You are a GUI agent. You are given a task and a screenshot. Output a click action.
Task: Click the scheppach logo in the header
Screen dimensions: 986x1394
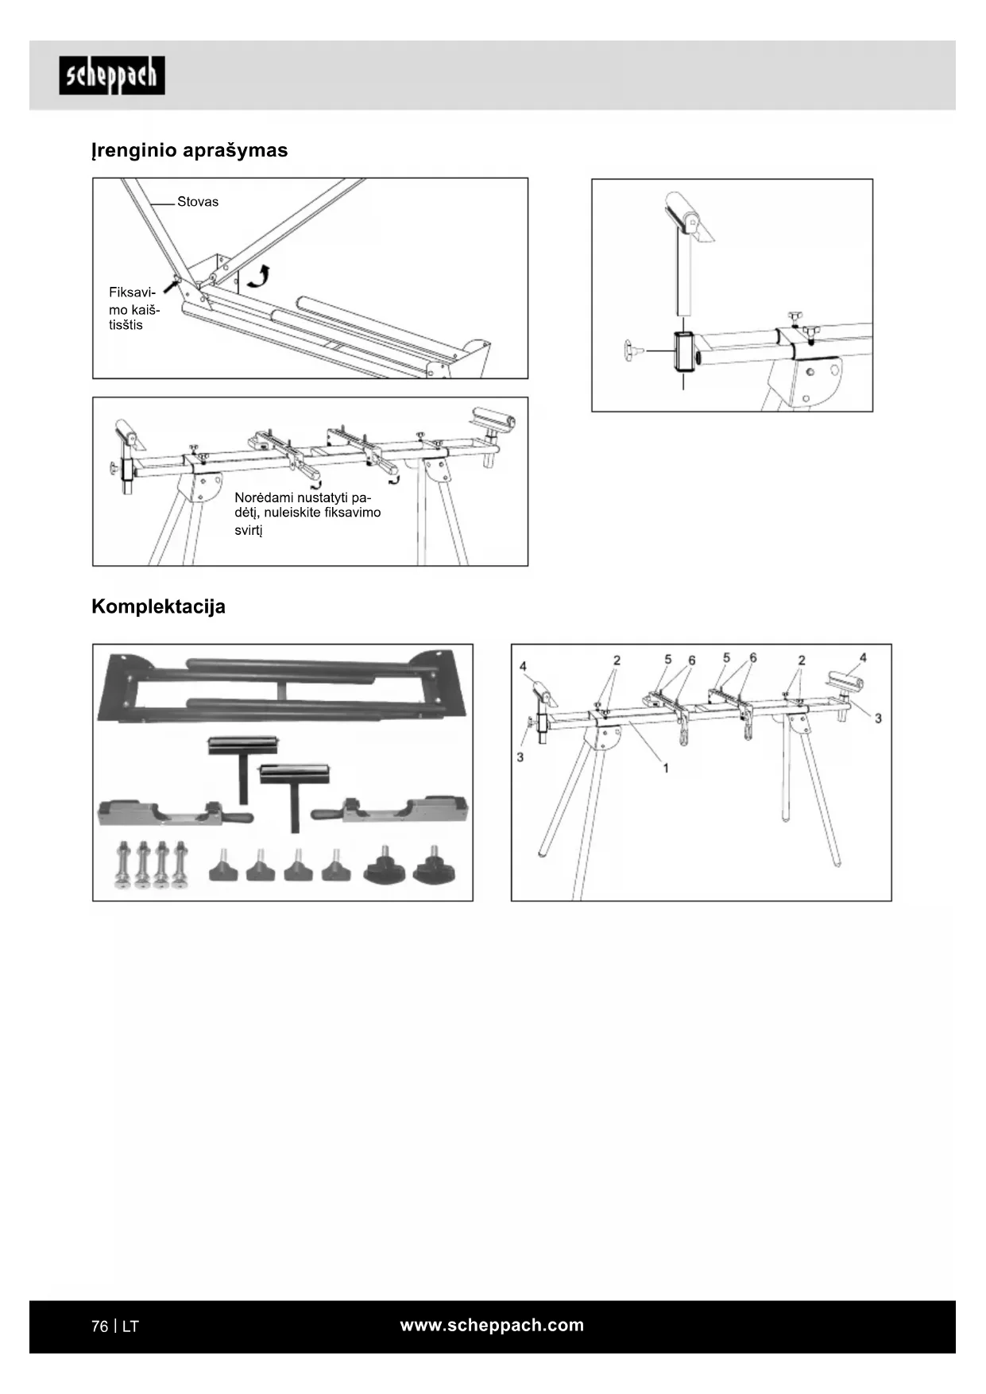[112, 76]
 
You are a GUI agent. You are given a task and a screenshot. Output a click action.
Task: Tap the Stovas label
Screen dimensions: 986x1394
[198, 202]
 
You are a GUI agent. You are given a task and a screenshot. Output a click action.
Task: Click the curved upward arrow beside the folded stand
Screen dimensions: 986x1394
[258, 277]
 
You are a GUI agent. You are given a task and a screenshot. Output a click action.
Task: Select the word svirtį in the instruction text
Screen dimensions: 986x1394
[248, 530]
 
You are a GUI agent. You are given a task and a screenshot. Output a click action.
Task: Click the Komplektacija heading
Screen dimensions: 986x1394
[158, 606]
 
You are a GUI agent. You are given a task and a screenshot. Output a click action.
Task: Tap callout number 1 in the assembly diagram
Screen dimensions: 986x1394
[666, 768]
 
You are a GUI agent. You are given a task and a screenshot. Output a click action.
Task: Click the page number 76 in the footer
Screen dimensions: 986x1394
[99, 1326]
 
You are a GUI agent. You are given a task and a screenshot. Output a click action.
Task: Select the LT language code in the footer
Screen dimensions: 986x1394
[130, 1326]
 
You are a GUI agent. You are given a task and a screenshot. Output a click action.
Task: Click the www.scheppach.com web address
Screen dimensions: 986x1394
[492, 1325]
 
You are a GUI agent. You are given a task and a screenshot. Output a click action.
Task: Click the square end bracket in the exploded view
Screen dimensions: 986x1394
[683, 351]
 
